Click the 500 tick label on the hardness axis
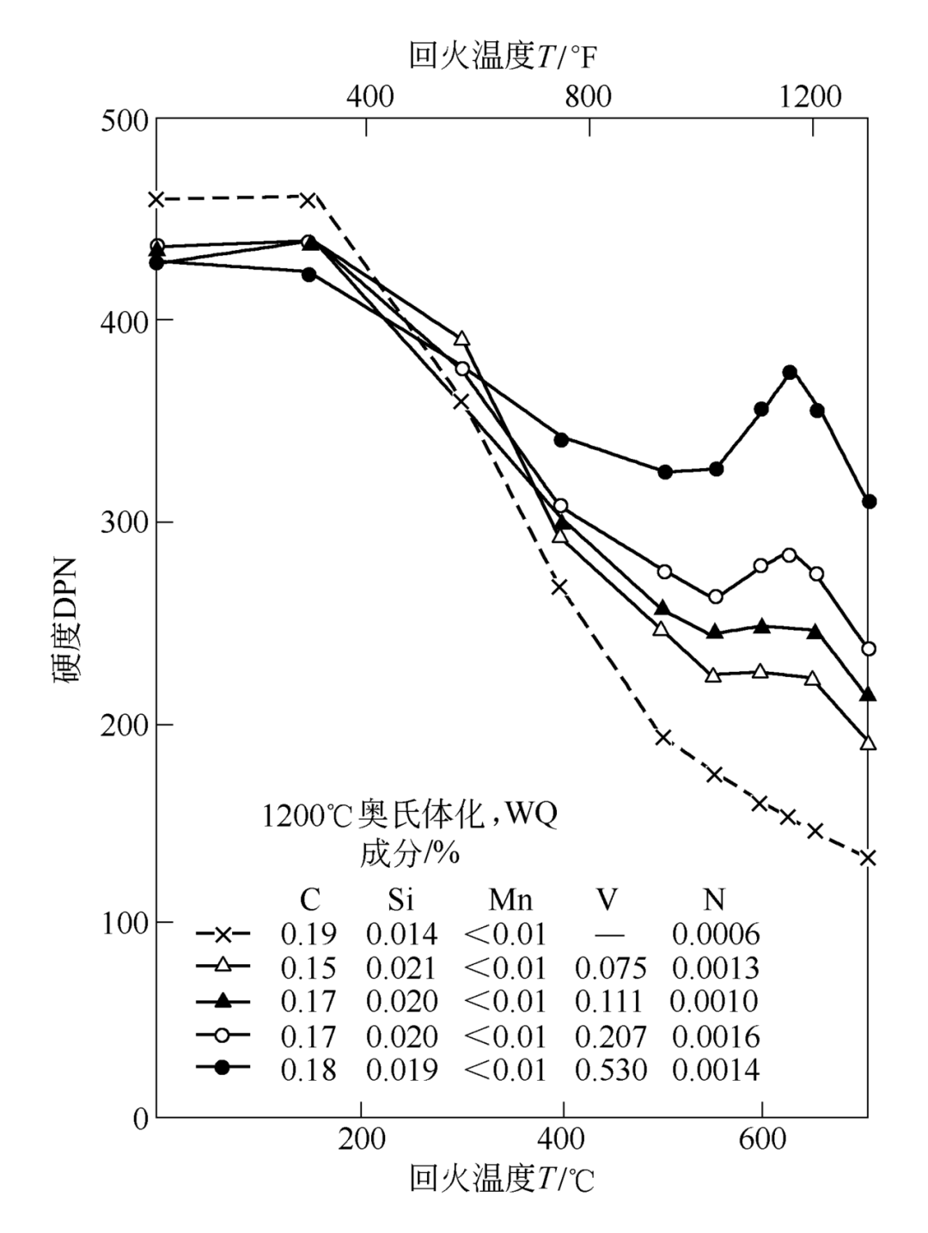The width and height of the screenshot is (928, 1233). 125,120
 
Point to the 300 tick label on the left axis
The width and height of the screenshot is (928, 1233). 125,522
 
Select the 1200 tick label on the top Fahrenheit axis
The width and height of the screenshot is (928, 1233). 810,96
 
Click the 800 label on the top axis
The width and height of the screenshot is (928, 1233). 589,96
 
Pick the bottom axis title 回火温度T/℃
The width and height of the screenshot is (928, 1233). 502,1180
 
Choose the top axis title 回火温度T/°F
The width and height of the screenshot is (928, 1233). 503,57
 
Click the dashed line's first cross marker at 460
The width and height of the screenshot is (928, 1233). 156,199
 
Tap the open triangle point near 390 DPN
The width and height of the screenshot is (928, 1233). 462,339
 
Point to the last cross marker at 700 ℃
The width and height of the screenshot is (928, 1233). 868,858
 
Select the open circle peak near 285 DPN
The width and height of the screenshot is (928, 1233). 790,555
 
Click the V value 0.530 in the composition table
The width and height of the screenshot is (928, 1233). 610,1071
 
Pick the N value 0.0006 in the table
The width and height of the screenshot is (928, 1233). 716,934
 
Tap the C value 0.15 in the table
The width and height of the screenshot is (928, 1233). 308,968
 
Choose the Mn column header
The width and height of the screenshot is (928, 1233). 510,900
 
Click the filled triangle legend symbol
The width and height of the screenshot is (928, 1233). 223,1001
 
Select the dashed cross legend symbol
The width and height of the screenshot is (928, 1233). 223,934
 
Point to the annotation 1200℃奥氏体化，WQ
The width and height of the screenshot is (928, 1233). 410,815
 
